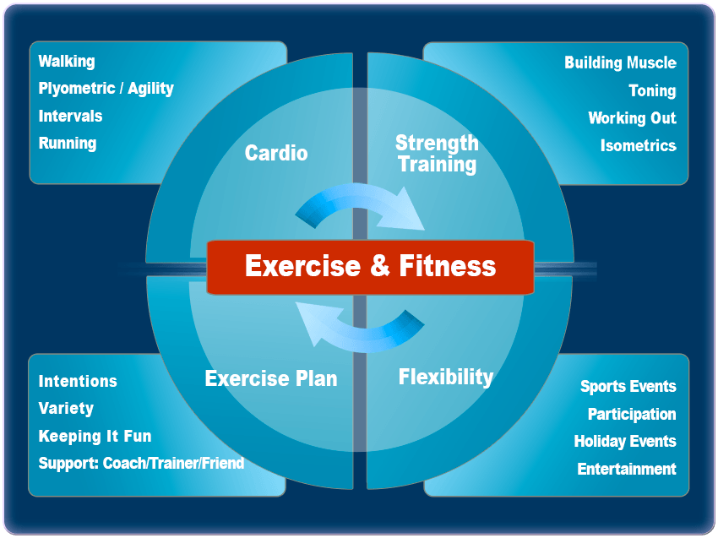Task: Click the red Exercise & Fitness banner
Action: pyautogui.click(x=370, y=267)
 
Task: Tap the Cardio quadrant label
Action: pyautogui.click(x=276, y=153)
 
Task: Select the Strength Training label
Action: pyautogui.click(x=437, y=155)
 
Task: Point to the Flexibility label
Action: pyautogui.click(x=446, y=378)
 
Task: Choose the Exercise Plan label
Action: pyautogui.click(x=271, y=378)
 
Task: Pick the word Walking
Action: pyautogui.click(x=67, y=62)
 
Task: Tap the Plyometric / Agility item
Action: pyautogui.click(x=106, y=89)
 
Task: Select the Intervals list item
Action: pyautogui.click(x=70, y=116)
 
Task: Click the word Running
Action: pyautogui.click(x=68, y=144)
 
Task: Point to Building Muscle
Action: pyautogui.click(x=621, y=62)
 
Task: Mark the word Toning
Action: pyautogui.click(x=652, y=90)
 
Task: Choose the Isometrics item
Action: pyautogui.click(x=639, y=145)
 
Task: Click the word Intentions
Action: pyautogui.click(x=78, y=382)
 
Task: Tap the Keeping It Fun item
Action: pyautogui.click(x=95, y=437)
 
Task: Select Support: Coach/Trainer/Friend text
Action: pyautogui.click(x=142, y=464)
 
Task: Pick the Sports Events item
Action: pyautogui.click(x=628, y=387)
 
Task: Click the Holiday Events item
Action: pyautogui.click(x=625, y=442)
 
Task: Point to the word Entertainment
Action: pyautogui.click(x=627, y=470)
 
